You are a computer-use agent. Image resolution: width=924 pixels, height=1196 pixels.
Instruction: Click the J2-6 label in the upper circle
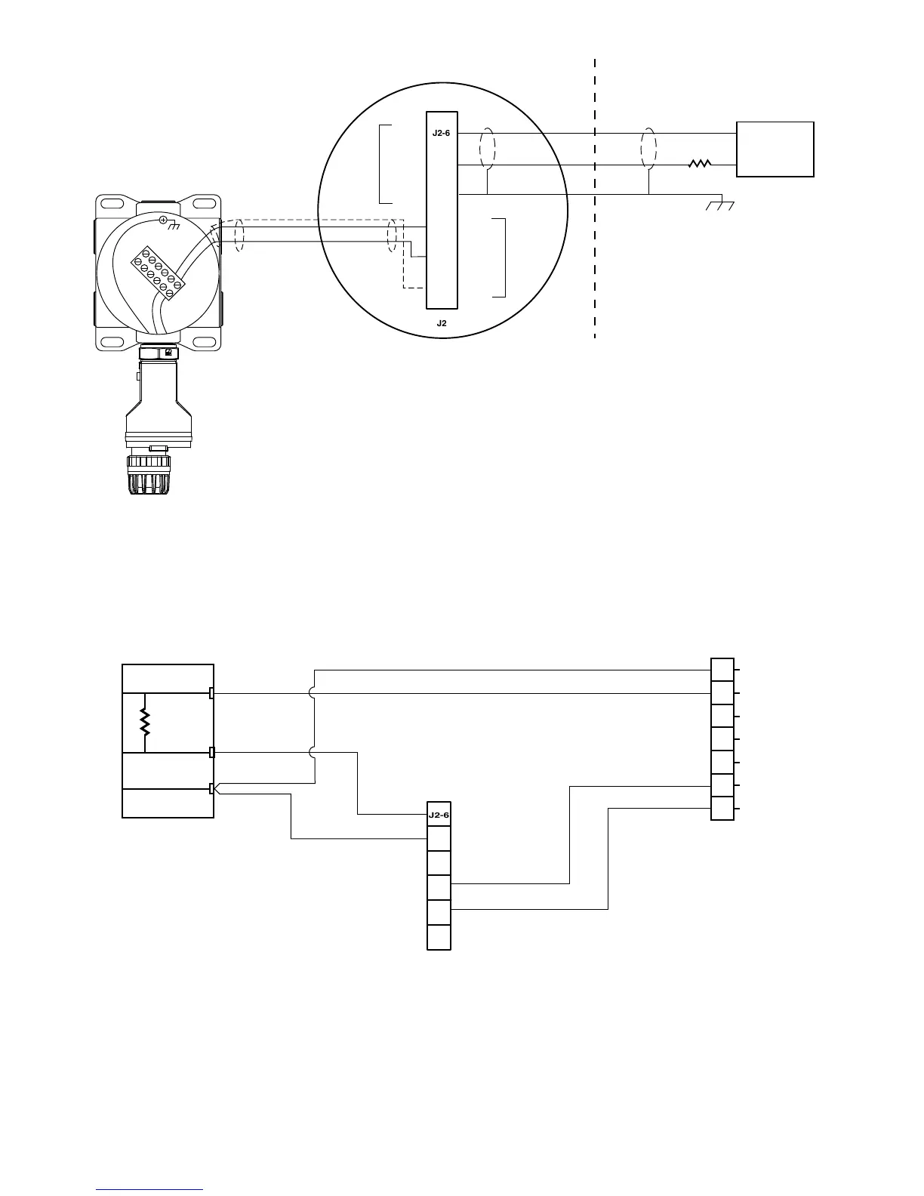441,134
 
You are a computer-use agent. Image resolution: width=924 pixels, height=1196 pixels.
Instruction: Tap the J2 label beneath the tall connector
442,323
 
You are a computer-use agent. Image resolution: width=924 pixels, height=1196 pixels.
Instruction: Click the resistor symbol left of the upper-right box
700,164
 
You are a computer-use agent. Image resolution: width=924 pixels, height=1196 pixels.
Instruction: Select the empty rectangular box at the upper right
775,149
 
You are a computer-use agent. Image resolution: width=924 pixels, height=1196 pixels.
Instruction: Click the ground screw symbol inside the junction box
164,220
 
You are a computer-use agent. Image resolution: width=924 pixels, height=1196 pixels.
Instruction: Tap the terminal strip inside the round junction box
159,273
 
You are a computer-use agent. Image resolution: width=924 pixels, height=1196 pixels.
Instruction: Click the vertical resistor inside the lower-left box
144,723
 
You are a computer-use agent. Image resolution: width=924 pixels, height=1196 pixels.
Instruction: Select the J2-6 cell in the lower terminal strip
439,815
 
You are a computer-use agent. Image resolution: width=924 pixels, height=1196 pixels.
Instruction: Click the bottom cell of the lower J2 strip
439,937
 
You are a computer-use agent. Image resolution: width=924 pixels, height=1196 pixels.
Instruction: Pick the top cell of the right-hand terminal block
722,670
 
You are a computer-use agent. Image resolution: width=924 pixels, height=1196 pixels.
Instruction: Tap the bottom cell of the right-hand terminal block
722,809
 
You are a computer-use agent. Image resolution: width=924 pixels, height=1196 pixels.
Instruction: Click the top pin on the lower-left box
212,693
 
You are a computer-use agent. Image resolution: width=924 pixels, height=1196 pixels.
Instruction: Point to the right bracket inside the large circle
500,257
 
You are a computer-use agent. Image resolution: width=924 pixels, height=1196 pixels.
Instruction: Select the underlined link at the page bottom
149,1189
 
